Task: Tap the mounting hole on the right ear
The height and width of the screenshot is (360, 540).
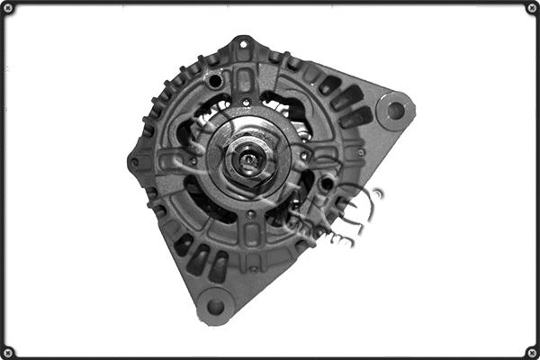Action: [394, 111]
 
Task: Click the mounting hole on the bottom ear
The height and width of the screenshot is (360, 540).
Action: [215, 306]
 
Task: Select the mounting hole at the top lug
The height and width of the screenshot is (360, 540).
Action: [243, 44]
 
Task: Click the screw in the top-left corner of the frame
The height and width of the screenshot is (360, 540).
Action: [8, 8]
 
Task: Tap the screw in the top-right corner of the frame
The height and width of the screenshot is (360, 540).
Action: [532, 8]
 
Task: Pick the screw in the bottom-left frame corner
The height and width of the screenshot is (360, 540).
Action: [8, 352]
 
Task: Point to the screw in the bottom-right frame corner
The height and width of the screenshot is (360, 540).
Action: [532, 352]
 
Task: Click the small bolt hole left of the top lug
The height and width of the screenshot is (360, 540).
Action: [214, 82]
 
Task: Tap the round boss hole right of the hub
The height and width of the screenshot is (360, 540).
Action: [326, 184]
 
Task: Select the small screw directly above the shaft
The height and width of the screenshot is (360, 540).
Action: [245, 103]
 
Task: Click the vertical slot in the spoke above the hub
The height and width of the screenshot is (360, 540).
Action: [245, 81]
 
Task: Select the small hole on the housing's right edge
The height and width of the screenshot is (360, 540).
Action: [361, 152]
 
